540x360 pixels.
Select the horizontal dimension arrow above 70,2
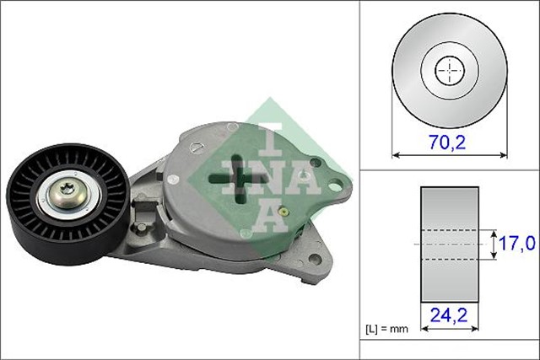coord(450,153)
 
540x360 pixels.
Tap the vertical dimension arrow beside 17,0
coord(493,244)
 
